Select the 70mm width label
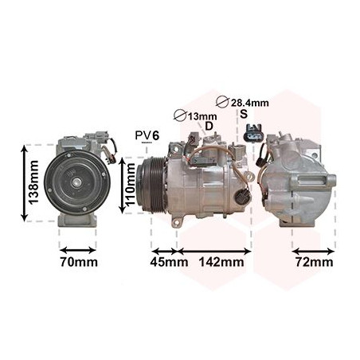[77, 262]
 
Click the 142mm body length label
[221, 262]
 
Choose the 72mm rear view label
[314, 262]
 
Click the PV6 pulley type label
[147, 135]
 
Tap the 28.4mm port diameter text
[250, 102]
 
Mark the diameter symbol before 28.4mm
[223, 102]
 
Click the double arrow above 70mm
[77, 248]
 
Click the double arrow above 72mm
[314, 248]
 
